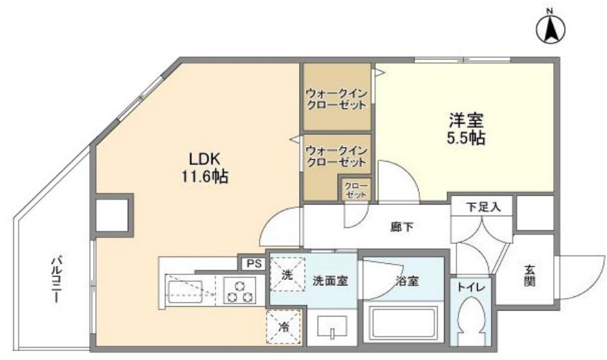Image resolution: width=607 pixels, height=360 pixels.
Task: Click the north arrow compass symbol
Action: coord(551,28)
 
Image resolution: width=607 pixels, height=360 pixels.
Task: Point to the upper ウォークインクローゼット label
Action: coord(336,98)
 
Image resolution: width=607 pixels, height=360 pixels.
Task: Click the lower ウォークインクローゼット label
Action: coord(336,155)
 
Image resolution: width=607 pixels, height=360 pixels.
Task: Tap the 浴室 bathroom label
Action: coord(407,281)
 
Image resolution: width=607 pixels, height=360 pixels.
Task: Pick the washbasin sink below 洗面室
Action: coord(334,327)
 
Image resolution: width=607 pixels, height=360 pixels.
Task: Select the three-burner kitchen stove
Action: coord(238,290)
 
